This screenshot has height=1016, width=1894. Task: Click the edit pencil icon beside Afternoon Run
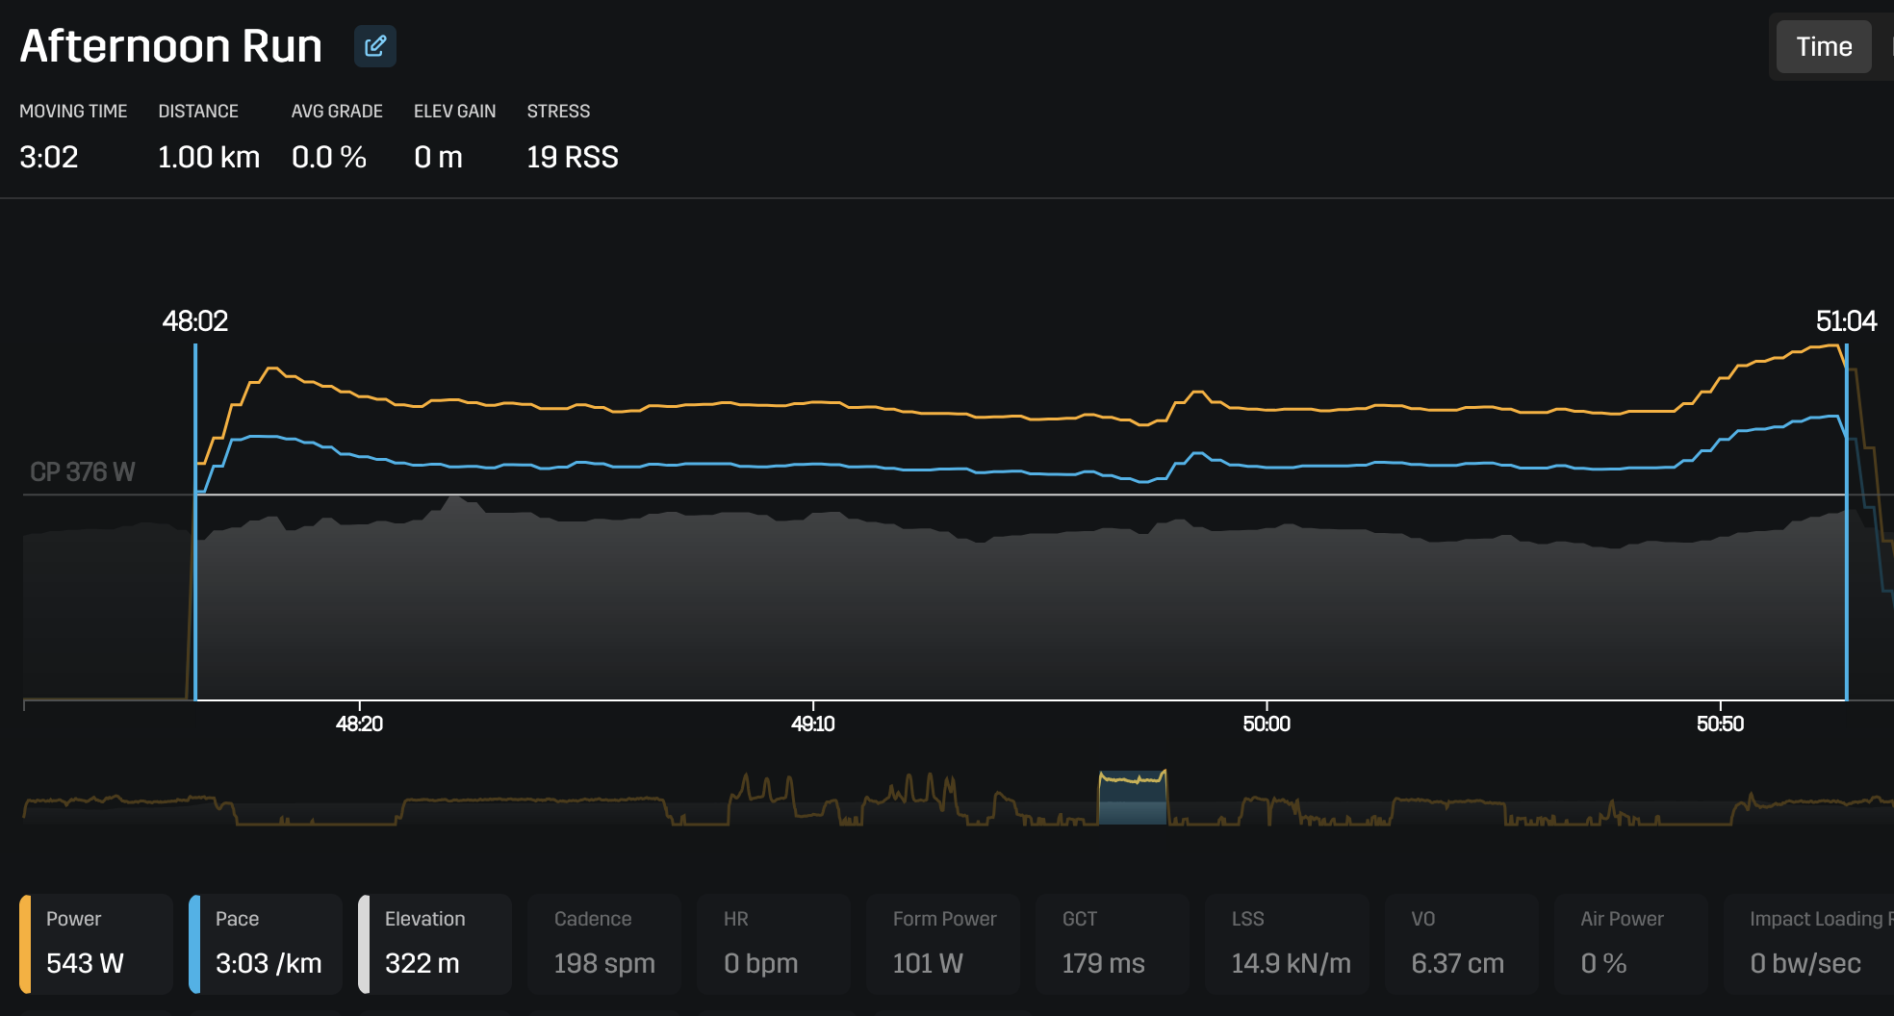tap(375, 46)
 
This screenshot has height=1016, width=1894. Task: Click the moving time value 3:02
tap(49, 157)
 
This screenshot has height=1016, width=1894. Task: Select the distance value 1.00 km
tap(209, 157)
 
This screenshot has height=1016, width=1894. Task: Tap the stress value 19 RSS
tap(572, 157)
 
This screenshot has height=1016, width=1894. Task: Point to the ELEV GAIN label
tap(454, 112)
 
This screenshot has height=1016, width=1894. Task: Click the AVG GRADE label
tap(337, 112)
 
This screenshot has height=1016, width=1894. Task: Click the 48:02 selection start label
tap(195, 321)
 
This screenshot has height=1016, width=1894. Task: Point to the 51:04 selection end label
tap(1845, 321)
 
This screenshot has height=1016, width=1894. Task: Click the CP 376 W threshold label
tap(83, 472)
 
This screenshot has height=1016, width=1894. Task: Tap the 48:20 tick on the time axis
tap(359, 724)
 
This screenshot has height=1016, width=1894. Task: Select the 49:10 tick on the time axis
tap(812, 724)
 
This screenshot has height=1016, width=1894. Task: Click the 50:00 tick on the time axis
tap(1266, 724)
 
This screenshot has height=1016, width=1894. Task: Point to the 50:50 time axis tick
tap(1720, 724)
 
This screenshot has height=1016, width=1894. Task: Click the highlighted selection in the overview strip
tap(1133, 799)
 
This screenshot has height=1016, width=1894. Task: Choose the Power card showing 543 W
tap(96, 943)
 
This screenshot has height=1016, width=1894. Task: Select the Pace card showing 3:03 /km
tap(266, 943)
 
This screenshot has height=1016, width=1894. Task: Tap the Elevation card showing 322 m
tap(435, 943)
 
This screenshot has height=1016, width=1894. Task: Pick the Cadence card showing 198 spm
tap(604, 943)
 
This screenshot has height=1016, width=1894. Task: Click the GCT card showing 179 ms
tap(1112, 943)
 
